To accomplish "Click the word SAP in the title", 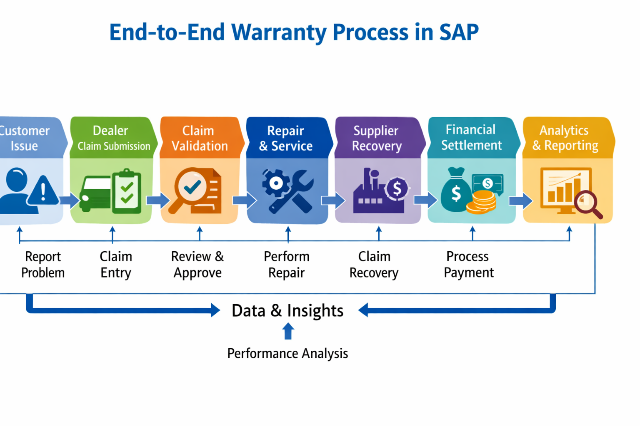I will pos(458,32).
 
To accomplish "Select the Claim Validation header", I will pos(200,138).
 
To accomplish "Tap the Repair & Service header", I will pos(286,138).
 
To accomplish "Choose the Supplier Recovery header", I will pos(376,138).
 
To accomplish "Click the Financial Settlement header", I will pos(471,137).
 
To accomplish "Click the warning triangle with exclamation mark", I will pos(43,192).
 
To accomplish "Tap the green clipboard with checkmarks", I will pos(127,191).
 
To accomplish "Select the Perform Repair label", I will pos(287,265).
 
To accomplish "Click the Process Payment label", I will pos(468,265).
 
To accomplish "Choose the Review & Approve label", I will pos(197,265).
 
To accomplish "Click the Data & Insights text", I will pos(287,311).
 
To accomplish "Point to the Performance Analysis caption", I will pos(287,354).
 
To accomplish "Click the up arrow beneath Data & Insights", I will pos(288,332).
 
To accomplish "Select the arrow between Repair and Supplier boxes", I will pos(333,201).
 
